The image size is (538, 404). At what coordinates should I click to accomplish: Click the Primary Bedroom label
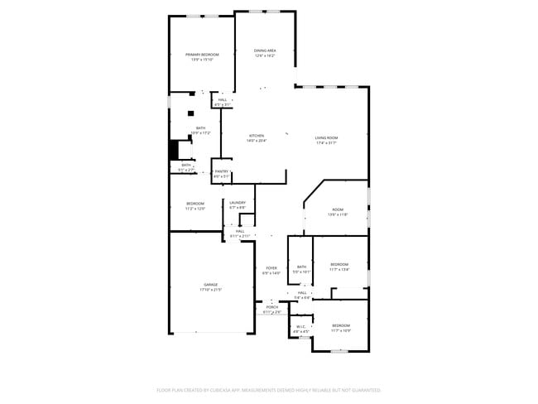202,55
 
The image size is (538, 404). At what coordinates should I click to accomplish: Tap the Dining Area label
265,50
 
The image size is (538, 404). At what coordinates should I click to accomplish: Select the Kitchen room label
256,136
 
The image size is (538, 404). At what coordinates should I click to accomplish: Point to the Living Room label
326,137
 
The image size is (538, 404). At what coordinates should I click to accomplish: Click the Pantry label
221,171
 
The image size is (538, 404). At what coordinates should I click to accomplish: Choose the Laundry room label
238,202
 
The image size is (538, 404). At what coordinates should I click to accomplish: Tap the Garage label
211,284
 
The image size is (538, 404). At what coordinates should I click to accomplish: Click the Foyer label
271,267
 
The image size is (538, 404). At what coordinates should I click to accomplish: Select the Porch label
271,307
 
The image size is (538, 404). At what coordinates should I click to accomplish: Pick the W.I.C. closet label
301,326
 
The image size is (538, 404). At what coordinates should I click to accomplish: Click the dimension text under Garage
211,290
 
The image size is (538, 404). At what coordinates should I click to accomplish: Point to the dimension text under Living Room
326,143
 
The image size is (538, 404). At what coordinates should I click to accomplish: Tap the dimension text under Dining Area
265,56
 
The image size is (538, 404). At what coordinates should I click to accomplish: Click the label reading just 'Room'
338,209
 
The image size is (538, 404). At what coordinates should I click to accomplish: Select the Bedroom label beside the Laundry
195,204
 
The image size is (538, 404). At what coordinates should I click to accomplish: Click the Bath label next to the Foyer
301,267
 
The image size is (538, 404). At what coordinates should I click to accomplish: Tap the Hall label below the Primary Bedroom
223,99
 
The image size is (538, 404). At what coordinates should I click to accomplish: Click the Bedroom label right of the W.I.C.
341,325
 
